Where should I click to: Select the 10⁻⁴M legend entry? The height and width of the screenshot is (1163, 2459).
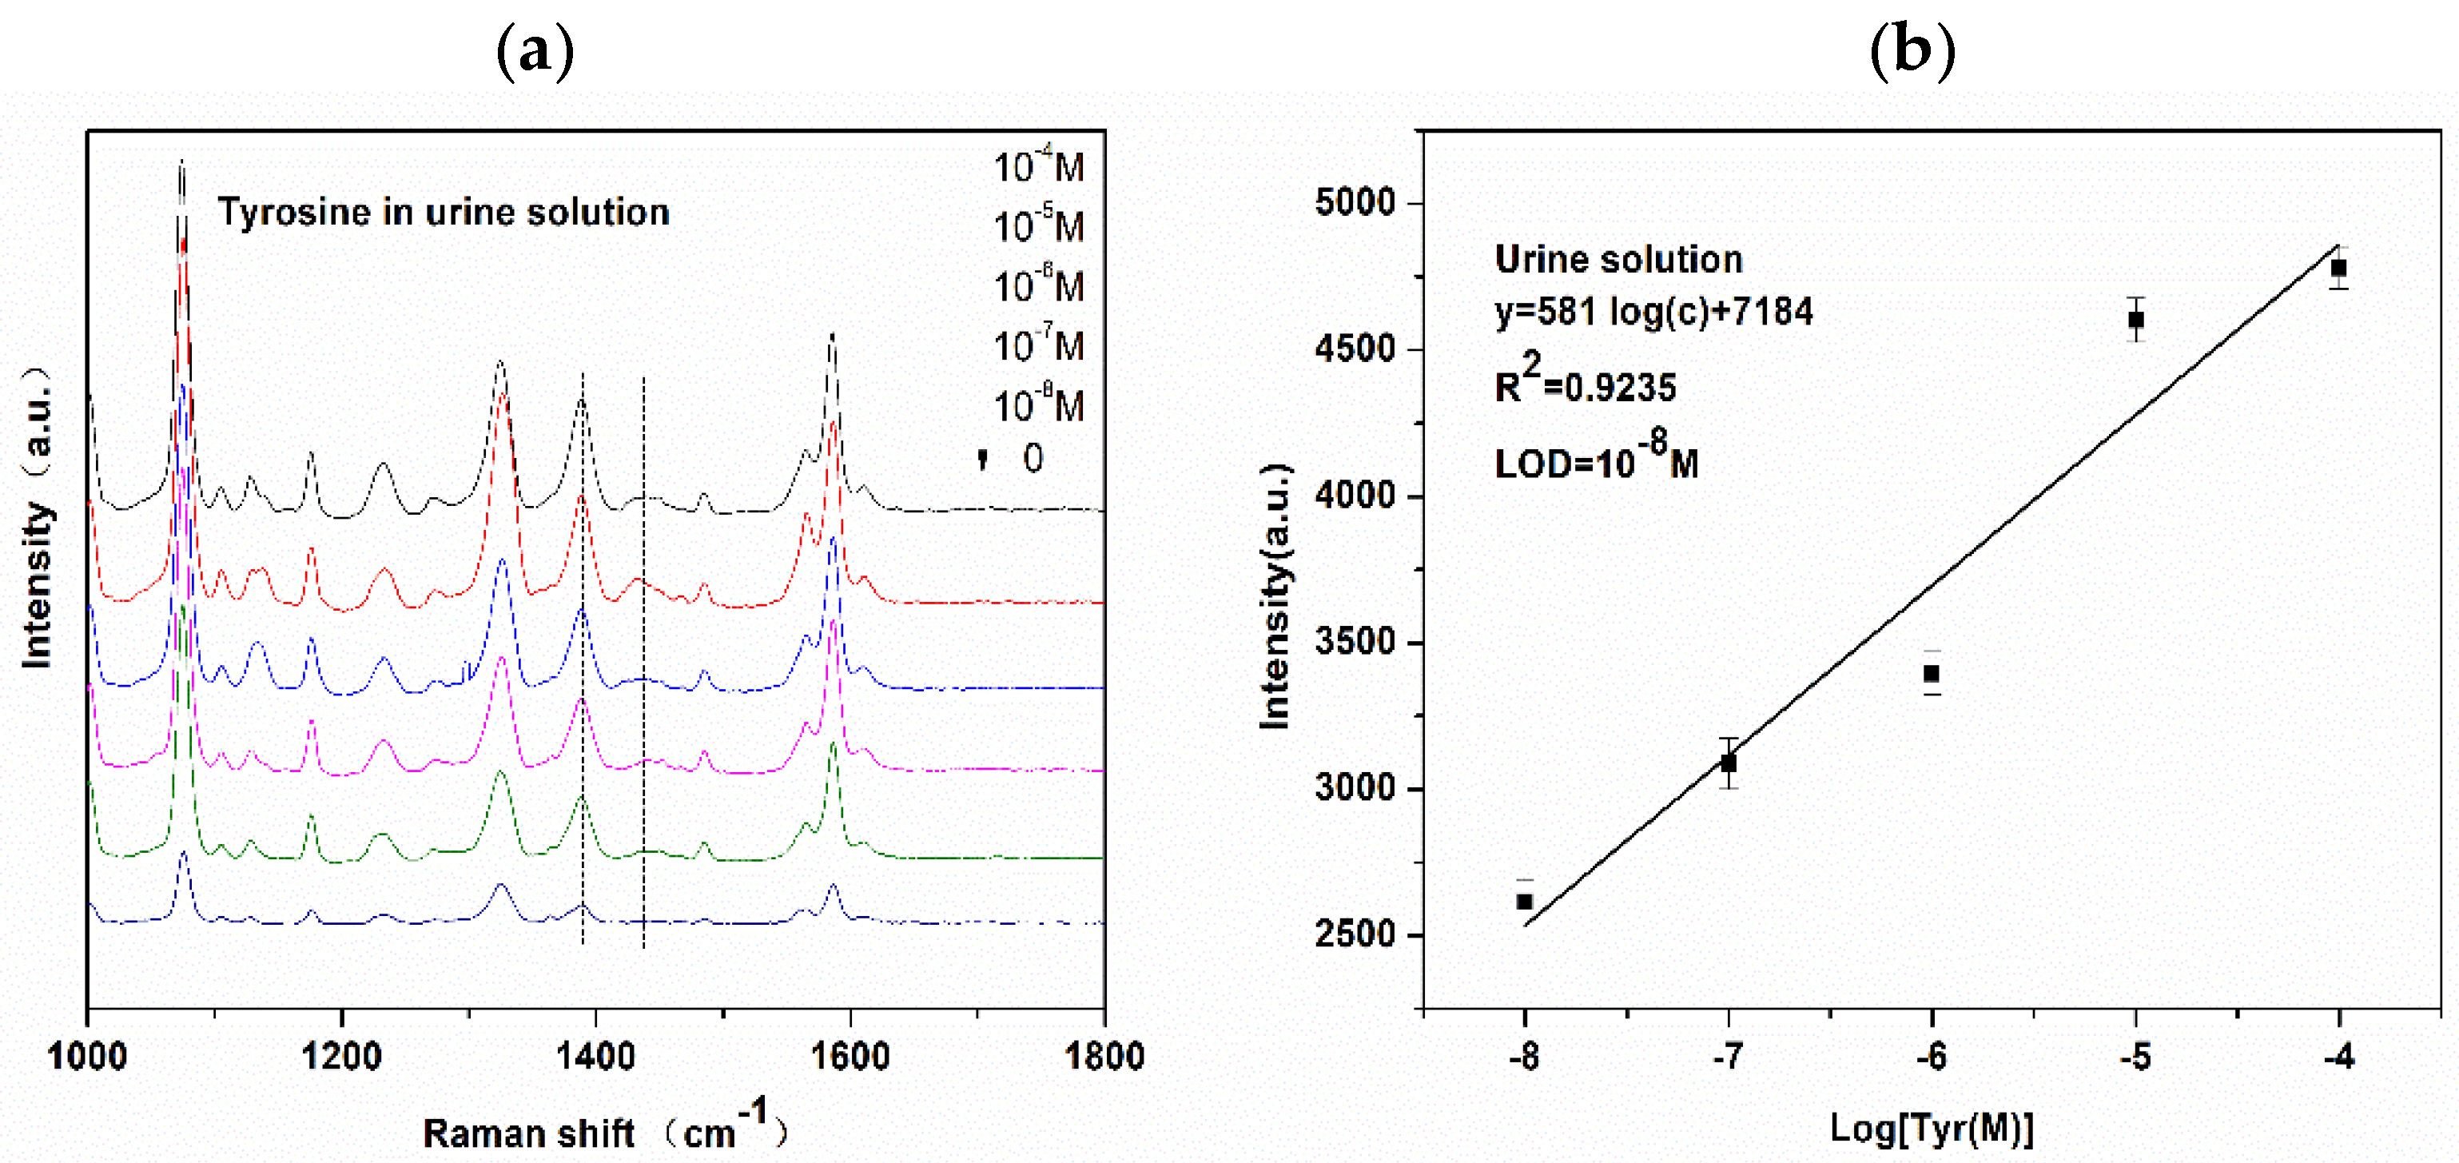(1039, 167)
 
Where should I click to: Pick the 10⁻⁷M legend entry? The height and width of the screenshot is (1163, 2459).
(1039, 345)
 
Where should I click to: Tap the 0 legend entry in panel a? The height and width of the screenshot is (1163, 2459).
(1032, 458)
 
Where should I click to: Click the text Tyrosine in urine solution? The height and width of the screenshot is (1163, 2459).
(444, 212)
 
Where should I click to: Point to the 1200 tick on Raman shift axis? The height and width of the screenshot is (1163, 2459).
(342, 1056)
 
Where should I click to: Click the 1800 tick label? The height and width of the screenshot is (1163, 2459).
(1104, 1056)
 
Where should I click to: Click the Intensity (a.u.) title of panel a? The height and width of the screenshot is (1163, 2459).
(36, 516)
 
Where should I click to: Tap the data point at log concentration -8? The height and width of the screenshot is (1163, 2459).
(1525, 902)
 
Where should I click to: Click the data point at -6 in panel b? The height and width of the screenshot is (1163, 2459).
(1931, 673)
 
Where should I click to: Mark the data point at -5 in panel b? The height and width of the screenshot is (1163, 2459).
(2135, 319)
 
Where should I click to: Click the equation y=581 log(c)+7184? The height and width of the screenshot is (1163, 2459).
(1653, 311)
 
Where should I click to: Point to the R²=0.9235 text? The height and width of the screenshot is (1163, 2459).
(1585, 382)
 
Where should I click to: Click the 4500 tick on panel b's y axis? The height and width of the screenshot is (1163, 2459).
(1355, 349)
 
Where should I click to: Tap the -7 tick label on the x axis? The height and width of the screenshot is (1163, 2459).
(1728, 1056)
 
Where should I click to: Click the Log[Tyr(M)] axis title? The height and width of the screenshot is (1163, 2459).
(1931, 1129)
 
